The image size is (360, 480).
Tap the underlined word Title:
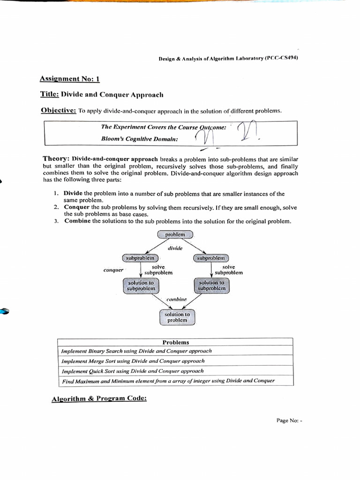tap(49, 94)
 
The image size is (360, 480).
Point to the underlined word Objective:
tap(58, 111)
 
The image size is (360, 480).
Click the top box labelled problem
tap(175, 234)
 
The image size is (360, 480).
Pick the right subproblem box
tap(210, 258)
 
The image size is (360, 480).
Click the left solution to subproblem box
tap(141, 286)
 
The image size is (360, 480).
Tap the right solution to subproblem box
tap(211, 286)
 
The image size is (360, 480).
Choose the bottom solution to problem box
tap(177, 317)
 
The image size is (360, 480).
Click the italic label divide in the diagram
tap(175, 248)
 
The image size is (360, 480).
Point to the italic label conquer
tap(113, 270)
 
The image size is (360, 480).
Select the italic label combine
tap(176, 299)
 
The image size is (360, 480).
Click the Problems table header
tap(175, 342)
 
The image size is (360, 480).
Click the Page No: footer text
tap(289, 420)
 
